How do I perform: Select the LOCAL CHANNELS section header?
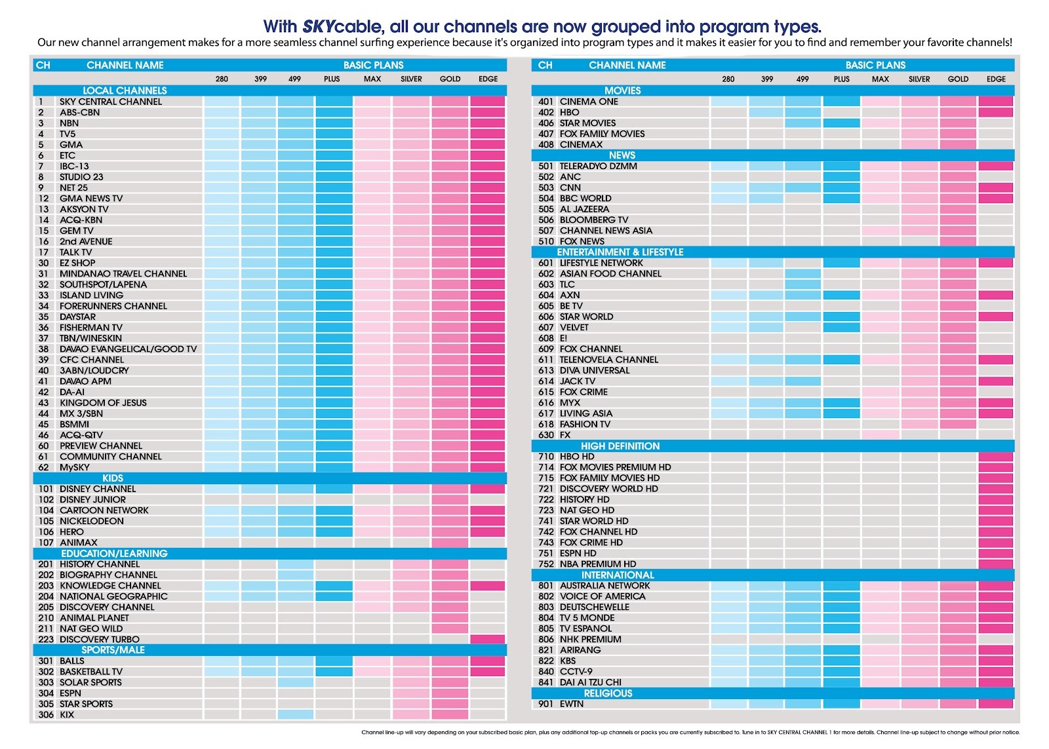pyautogui.click(x=125, y=90)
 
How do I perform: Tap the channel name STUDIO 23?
pyautogui.click(x=81, y=177)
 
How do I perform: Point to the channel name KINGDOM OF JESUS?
pyautogui.click(x=103, y=403)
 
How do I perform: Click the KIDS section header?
pyautogui.click(x=113, y=478)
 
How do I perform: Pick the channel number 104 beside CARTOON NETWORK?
pyautogui.click(x=46, y=510)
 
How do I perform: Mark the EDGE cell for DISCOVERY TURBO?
pyautogui.click(x=488, y=640)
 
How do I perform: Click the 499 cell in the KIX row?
pyautogui.click(x=295, y=714)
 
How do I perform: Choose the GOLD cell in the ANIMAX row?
pyautogui.click(x=450, y=543)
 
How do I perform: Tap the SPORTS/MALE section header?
pyautogui.click(x=113, y=650)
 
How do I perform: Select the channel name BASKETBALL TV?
pyautogui.click(x=91, y=672)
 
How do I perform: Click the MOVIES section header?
pyautogui.click(x=622, y=90)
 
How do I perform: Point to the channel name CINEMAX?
pyautogui.click(x=581, y=145)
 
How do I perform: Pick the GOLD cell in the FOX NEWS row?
pyautogui.click(x=958, y=242)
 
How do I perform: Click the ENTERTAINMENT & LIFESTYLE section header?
pyautogui.click(x=620, y=252)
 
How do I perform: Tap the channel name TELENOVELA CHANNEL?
pyautogui.click(x=609, y=360)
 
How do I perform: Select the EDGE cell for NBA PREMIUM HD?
pyautogui.click(x=996, y=564)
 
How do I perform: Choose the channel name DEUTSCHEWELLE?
pyautogui.click(x=595, y=607)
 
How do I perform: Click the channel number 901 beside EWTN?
pyautogui.click(x=546, y=704)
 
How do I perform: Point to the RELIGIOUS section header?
pyautogui.click(x=608, y=693)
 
